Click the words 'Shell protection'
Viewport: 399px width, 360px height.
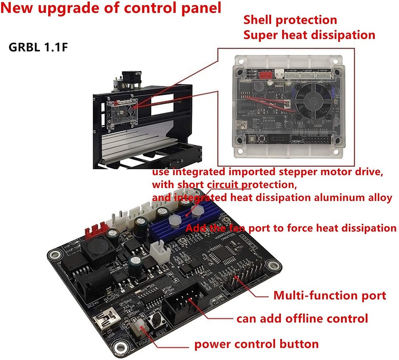click(290, 20)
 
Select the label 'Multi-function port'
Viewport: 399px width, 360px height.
click(330, 296)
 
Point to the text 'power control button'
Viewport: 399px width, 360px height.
click(257, 344)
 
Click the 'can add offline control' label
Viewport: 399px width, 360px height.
click(302, 319)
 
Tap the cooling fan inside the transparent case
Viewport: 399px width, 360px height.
click(316, 96)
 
